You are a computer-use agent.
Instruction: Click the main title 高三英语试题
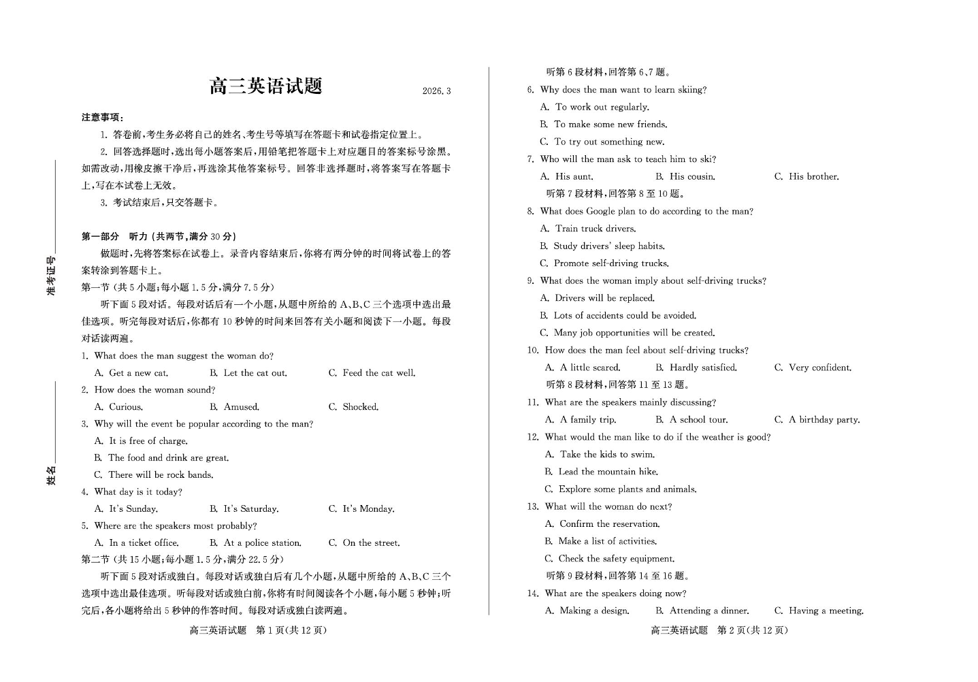pos(265,86)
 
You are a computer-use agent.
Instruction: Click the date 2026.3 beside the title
pos(436,91)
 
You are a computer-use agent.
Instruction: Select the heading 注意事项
pos(102,118)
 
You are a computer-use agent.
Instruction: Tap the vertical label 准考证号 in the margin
pos(51,276)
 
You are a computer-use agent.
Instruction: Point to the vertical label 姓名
pos(51,476)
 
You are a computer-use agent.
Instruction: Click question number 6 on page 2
pos(530,90)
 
